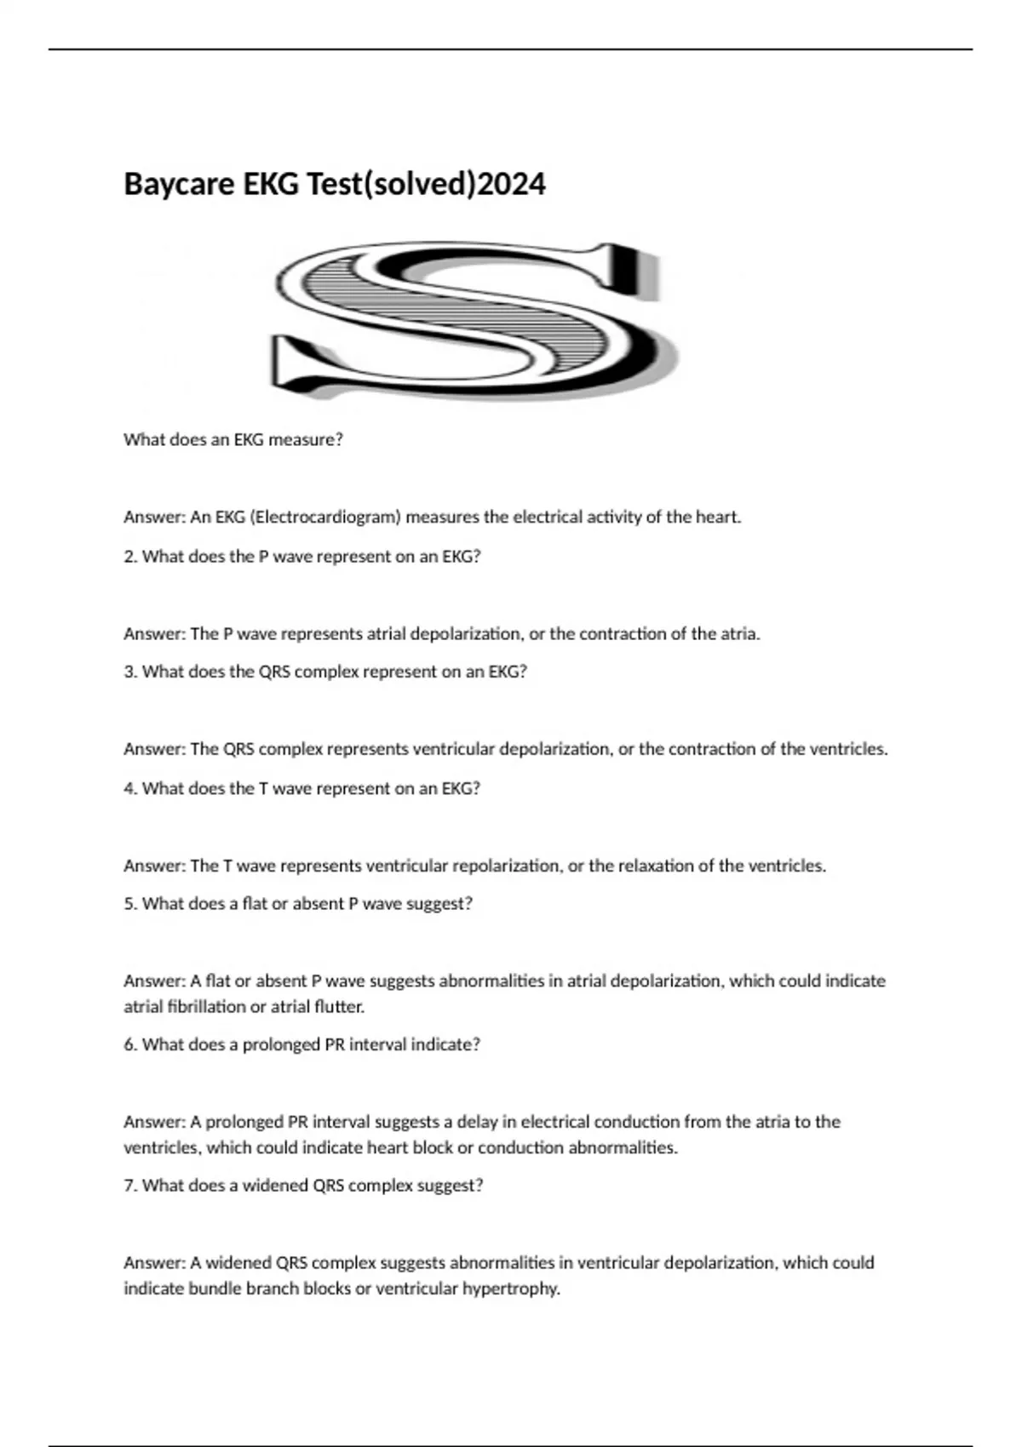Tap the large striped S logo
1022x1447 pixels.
pyautogui.click(x=474, y=321)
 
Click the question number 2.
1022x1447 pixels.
pyautogui.click(x=129, y=557)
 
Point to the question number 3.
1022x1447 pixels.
pyautogui.click(x=129, y=672)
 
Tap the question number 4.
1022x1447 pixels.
pyautogui.click(x=129, y=788)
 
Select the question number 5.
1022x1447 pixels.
pyautogui.click(x=129, y=903)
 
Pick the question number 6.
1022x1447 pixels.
pyautogui.click(x=129, y=1044)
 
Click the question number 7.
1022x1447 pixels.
pyautogui.click(x=129, y=1185)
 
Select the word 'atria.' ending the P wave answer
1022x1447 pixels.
pyautogui.click(x=739, y=633)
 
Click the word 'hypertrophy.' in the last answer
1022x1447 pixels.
pyautogui.click(x=511, y=1289)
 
